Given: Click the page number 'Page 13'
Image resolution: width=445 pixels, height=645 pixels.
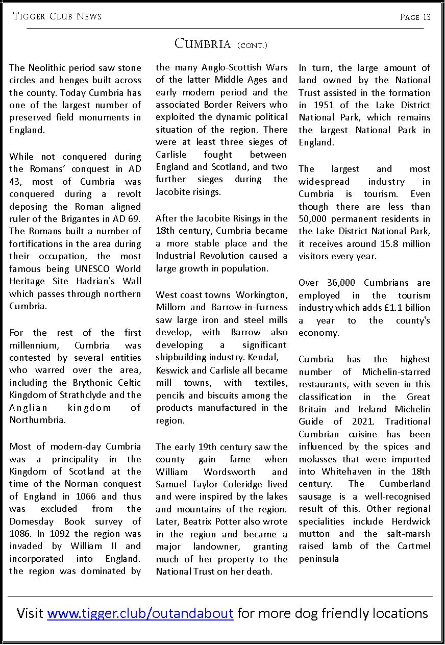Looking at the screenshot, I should tap(415, 17).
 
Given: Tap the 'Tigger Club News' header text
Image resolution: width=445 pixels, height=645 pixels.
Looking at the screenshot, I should tap(57, 17).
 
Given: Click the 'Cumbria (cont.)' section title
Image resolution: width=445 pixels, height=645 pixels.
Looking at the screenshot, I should tap(221, 44).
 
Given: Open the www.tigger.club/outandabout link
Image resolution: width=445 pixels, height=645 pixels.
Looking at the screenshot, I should tap(140, 613).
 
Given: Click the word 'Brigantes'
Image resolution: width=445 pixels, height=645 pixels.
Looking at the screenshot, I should tap(90, 219).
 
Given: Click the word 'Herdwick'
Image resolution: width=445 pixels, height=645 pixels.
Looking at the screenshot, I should tap(411, 522).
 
